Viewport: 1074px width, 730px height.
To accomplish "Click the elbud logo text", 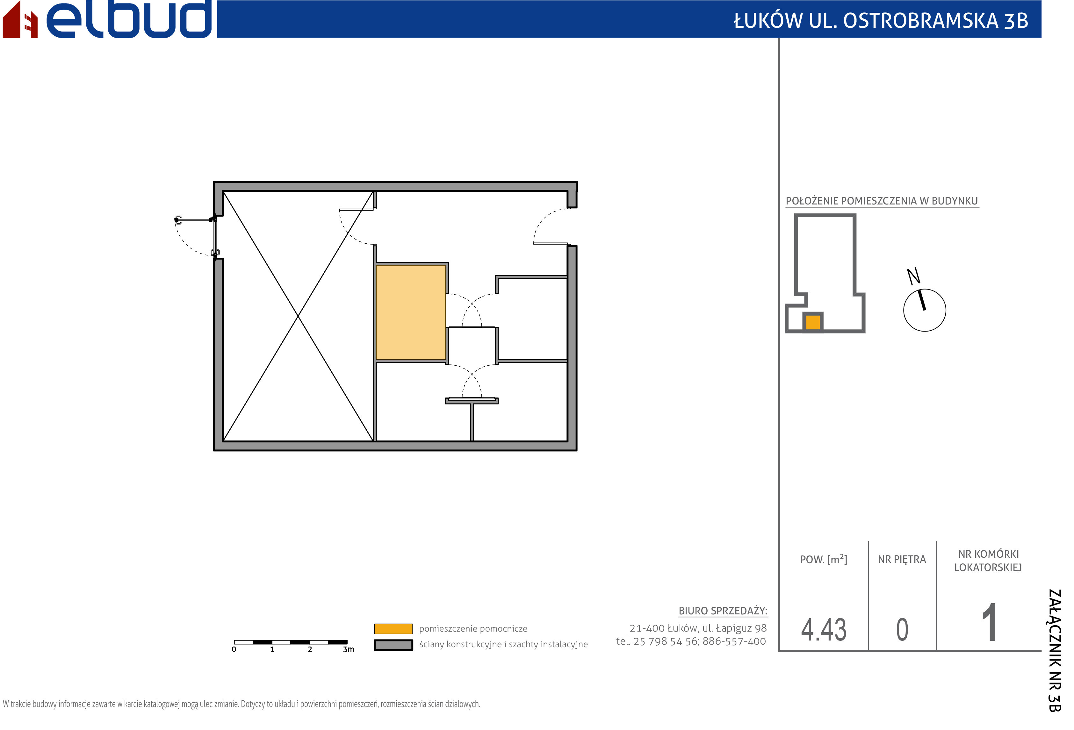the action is [129, 19].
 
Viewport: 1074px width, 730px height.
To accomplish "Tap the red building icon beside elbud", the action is [20, 19].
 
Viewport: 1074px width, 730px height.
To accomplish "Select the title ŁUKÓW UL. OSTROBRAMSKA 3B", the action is [881, 20].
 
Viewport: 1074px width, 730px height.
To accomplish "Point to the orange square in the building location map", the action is [813, 322].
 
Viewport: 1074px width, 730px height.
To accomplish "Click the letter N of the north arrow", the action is [914, 276].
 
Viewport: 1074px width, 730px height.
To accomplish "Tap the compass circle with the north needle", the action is [925, 310].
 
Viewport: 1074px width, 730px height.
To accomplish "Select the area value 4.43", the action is [824, 629].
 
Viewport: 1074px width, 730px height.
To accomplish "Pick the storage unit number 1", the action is [990, 622].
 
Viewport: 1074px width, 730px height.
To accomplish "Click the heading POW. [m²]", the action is [824, 559].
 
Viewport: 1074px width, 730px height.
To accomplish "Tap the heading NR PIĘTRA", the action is [902, 560].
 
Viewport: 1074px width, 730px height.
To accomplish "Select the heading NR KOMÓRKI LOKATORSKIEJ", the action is [989, 561].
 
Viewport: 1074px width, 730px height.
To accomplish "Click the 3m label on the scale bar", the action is [349, 649].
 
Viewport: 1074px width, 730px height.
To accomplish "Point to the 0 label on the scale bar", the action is [234, 649].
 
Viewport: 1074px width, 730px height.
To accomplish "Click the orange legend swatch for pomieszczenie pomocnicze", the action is [393, 629].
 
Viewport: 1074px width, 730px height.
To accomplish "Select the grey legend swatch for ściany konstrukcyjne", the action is [393, 645].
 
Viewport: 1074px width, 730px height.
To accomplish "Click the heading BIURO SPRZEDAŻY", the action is [723, 611].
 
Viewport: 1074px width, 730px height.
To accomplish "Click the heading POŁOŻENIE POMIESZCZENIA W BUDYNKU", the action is [882, 201].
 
